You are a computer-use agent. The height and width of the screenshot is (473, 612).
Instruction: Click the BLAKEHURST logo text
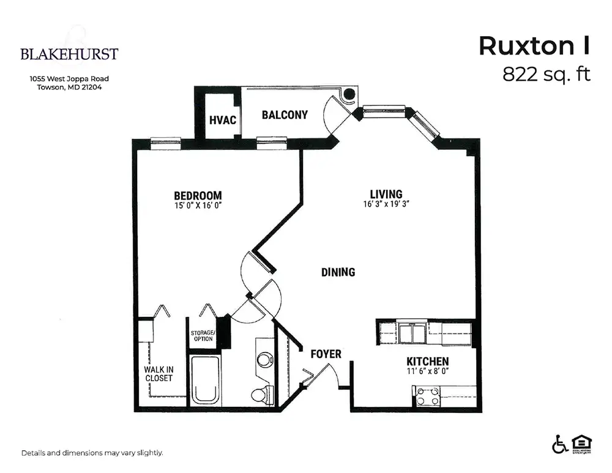(x=69, y=54)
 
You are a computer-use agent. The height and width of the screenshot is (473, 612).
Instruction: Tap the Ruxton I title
(x=534, y=46)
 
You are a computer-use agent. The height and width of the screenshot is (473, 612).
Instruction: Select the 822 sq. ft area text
(x=546, y=74)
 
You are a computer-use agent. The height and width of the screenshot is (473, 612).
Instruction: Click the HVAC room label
(x=223, y=120)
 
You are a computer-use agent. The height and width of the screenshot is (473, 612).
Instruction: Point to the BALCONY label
(x=285, y=115)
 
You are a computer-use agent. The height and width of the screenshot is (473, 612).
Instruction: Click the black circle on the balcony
(x=349, y=94)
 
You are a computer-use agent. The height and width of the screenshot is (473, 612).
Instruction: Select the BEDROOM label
(x=198, y=195)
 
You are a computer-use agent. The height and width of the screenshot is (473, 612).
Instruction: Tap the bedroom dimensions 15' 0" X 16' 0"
(x=198, y=205)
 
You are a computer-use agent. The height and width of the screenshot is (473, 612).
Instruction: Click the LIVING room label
(x=386, y=194)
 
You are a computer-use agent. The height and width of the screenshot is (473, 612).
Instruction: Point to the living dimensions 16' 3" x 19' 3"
(x=386, y=204)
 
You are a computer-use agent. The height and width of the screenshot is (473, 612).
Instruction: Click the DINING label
(x=338, y=272)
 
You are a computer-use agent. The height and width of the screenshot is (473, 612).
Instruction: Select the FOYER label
(x=326, y=354)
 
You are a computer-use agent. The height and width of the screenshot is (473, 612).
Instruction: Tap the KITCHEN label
(x=427, y=361)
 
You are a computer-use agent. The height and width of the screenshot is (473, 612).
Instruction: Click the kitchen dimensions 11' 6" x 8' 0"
(x=427, y=371)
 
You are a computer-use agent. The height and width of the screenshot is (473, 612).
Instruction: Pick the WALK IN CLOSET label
(x=159, y=373)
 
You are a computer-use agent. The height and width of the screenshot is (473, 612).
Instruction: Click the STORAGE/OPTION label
(x=203, y=335)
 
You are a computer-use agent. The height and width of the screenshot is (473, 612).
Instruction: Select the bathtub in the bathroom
(x=205, y=380)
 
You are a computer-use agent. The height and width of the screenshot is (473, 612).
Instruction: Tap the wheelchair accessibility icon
(x=560, y=444)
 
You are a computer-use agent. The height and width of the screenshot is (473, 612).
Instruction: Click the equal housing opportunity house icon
(x=581, y=444)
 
